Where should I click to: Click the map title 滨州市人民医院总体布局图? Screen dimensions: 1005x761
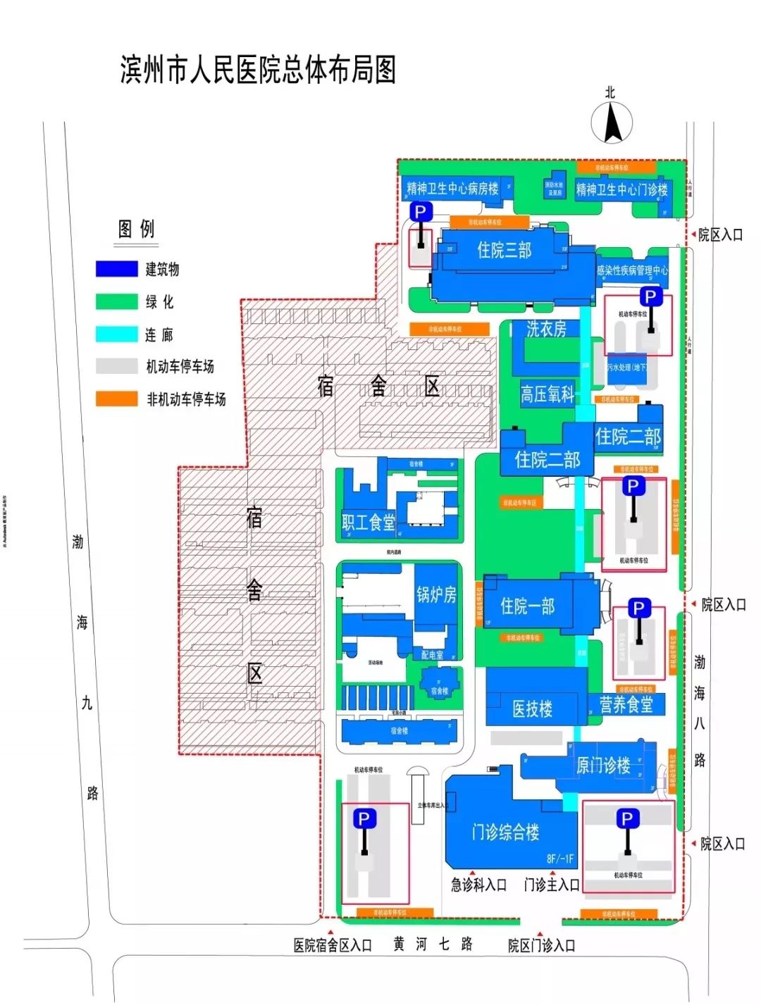coord(258,70)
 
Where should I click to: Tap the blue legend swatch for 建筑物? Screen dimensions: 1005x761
coord(116,269)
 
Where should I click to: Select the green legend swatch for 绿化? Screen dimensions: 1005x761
coord(116,301)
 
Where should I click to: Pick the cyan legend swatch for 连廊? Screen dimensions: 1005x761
coord(116,334)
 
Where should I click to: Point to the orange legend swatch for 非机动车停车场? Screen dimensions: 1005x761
coord(116,399)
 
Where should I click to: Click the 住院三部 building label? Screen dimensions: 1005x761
coord(504,250)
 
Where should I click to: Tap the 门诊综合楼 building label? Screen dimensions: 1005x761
coord(505,832)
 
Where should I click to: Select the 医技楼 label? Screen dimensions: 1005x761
coord(532,709)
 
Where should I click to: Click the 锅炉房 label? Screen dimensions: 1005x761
coord(436,595)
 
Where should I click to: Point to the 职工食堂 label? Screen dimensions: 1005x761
coord(369,522)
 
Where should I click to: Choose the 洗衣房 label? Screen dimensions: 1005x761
coord(546,329)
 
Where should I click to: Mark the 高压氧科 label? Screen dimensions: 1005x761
coord(547,394)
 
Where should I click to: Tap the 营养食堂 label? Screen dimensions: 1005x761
coord(626,704)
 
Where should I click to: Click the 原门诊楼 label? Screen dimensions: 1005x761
coord(603,766)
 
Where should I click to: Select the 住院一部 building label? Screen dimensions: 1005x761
coord(527,606)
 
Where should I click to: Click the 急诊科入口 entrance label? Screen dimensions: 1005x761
coord(478,885)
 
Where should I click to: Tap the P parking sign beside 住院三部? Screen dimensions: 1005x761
coord(421,212)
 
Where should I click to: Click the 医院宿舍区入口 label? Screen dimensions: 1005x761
coord(333,946)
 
